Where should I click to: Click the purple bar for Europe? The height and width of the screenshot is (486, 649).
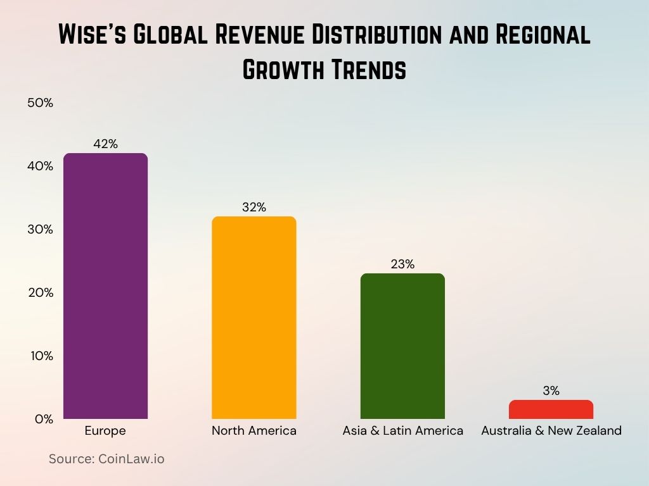[106, 286]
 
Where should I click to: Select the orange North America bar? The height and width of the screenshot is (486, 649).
[254, 318]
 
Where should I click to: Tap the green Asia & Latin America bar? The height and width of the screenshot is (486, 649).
[402, 346]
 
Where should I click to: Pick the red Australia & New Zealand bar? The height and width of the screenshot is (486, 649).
[551, 409]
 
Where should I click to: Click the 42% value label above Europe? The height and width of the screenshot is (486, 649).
[106, 144]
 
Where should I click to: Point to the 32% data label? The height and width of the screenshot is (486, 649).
[254, 207]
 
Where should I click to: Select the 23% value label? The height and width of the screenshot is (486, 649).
[402, 264]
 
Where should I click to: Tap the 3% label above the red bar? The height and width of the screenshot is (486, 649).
[551, 390]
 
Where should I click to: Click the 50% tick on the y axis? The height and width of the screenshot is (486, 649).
[40, 103]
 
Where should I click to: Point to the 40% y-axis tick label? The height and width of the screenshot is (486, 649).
[40, 166]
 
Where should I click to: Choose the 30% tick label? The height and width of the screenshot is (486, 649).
[40, 229]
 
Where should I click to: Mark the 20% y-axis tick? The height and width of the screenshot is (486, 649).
[40, 292]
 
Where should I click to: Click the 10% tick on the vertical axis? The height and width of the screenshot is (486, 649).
[40, 356]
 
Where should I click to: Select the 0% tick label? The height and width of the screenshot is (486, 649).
[42, 419]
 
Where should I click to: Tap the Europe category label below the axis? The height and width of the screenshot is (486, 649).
[105, 431]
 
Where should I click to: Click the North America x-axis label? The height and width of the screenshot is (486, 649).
[254, 431]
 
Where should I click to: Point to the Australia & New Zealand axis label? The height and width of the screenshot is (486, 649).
[551, 431]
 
